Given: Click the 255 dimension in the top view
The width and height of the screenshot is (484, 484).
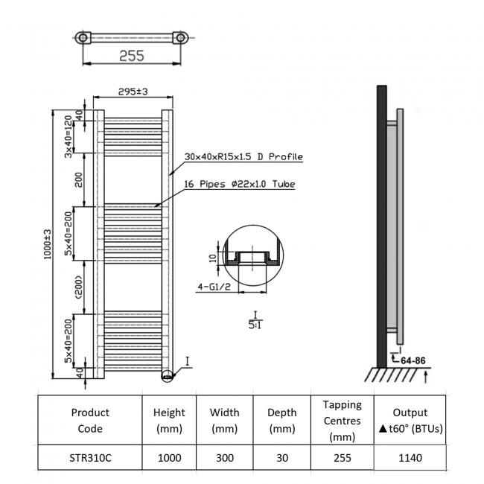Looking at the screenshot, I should pos(131,56).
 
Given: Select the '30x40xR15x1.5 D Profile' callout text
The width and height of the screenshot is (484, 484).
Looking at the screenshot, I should pos(243,157).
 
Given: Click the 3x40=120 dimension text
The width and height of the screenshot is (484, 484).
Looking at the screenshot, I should pos(68,136).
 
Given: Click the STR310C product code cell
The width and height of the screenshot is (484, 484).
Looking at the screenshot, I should pos(90,458).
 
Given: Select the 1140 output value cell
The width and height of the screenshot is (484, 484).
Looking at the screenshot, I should pos(410,458).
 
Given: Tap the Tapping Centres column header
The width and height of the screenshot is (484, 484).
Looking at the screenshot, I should pos(342,421).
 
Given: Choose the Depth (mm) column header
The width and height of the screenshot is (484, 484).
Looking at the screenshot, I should pos(282,421).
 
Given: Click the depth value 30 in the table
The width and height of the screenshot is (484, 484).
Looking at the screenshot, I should pos(282,458).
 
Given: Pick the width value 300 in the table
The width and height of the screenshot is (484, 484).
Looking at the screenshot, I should pos(225,458).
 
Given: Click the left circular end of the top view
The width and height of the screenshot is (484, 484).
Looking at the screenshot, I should pos(84,37).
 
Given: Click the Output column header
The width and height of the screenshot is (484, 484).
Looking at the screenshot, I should pos(410,421).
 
